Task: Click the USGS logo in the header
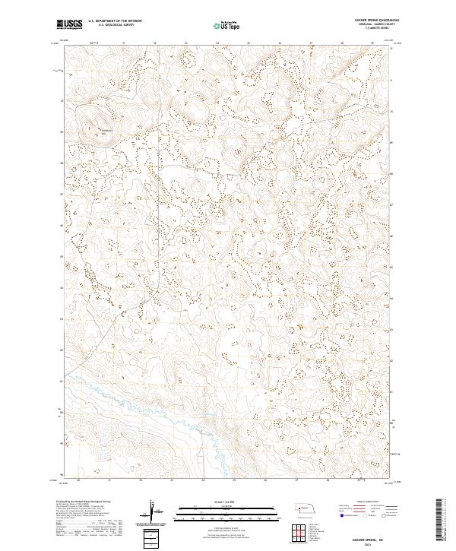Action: click(70, 25)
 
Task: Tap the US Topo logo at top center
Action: click(227, 25)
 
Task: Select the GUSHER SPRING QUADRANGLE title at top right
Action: click(377, 21)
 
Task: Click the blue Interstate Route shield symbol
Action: click(343, 516)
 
